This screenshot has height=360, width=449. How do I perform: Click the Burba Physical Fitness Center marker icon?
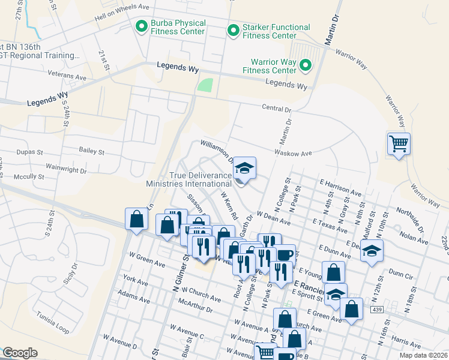[142, 26]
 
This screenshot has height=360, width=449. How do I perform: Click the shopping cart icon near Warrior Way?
[399, 144]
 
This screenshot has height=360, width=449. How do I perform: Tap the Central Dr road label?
[276, 110]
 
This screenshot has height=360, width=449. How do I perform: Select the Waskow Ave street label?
[294, 154]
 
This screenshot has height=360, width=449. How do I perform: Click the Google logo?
[20, 353]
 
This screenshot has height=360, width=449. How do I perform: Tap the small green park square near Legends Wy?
[206, 85]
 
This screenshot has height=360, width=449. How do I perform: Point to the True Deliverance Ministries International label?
[191, 179]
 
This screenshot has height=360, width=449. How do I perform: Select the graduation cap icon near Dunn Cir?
[372, 251]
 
